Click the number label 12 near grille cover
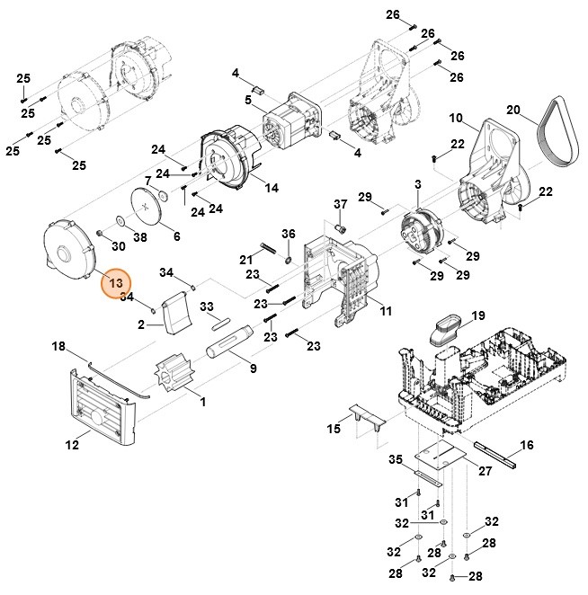point(72,443)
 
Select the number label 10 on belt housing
point(456,118)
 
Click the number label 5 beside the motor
point(248,99)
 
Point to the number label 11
point(386,311)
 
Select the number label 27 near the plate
point(485,471)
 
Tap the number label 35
point(396,460)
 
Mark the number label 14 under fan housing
point(272,188)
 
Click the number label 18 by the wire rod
point(58,345)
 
